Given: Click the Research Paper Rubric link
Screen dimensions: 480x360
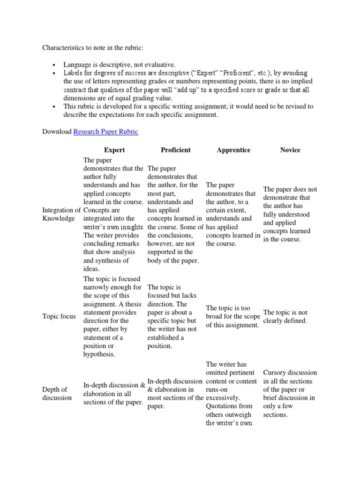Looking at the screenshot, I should [105, 132].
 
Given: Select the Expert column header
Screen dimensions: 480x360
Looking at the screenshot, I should [114, 150].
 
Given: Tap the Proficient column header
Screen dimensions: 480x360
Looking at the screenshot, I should [175, 150].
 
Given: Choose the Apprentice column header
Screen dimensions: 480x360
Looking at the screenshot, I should [233, 150].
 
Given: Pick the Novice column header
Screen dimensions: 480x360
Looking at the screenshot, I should [290, 150].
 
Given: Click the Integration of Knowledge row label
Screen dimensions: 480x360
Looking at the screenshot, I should [61, 214].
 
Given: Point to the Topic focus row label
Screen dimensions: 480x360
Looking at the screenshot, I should [59, 316].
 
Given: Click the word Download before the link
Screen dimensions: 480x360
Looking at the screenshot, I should [57, 132].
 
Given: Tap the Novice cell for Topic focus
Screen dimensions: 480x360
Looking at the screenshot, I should [285, 316].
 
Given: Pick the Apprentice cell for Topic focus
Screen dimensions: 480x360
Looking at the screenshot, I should [233, 316].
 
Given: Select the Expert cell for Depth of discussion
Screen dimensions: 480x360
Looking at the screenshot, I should [114, 394].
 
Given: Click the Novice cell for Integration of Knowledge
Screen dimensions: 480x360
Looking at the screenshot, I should [290, 214].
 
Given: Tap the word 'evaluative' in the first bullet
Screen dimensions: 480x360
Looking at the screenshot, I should [160, 64].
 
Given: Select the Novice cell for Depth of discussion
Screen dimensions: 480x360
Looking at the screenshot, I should [289, 394].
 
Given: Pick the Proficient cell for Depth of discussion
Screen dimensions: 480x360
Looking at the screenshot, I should [175, 394].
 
